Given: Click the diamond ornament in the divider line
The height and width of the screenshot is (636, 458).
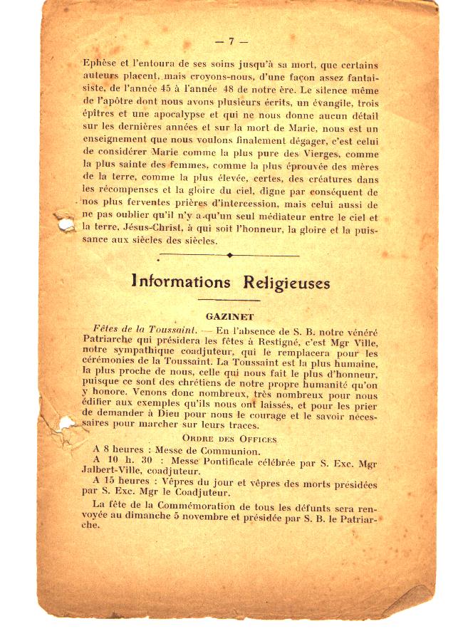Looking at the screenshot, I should pos(229,255).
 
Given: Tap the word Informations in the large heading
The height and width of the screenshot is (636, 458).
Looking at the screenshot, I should pos(181,283).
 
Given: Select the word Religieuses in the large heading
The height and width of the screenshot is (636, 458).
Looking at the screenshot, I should pos(287,283).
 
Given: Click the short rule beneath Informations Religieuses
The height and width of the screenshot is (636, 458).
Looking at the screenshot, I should pos(229,300).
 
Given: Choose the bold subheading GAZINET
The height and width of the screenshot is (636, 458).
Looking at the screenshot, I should pos(229,315).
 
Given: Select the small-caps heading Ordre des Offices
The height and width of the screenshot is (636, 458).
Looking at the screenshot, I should pos(229,439).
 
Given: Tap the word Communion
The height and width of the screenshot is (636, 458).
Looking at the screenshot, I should pos(226,451).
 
